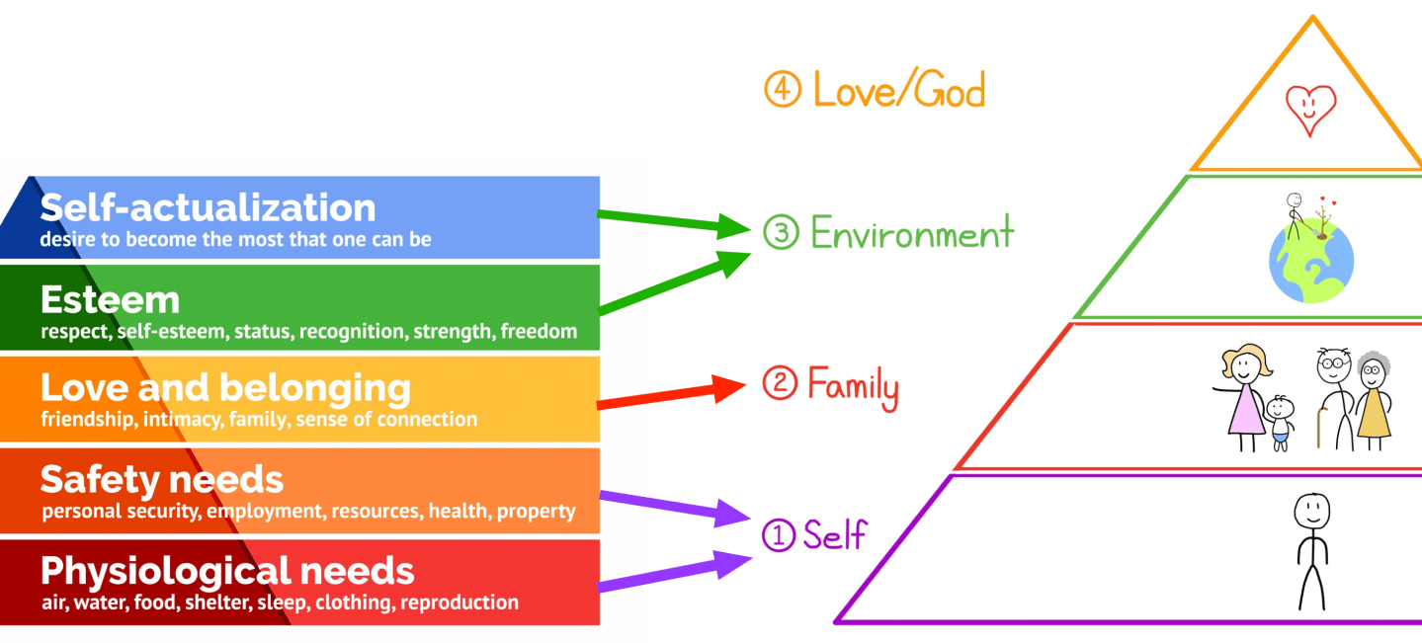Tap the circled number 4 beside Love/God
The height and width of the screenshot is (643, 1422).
[781, 91]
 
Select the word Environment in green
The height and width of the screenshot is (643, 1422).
[911, 233]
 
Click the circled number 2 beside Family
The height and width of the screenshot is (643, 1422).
[780, 383]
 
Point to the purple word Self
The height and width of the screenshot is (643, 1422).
[834, 534]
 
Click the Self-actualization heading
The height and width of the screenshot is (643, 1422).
[208, 207]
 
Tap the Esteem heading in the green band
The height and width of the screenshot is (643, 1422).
[110, 298]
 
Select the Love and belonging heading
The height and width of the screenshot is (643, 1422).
[225, 387]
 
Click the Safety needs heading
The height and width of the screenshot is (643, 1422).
[161, 480]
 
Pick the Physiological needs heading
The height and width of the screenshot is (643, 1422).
[227, 570]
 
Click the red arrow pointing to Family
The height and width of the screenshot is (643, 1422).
[672, 394]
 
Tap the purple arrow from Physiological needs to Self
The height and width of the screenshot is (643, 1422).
[672, 575]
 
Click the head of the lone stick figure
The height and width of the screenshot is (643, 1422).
[1311, 512]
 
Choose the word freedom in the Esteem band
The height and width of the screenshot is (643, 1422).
[539, 331]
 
